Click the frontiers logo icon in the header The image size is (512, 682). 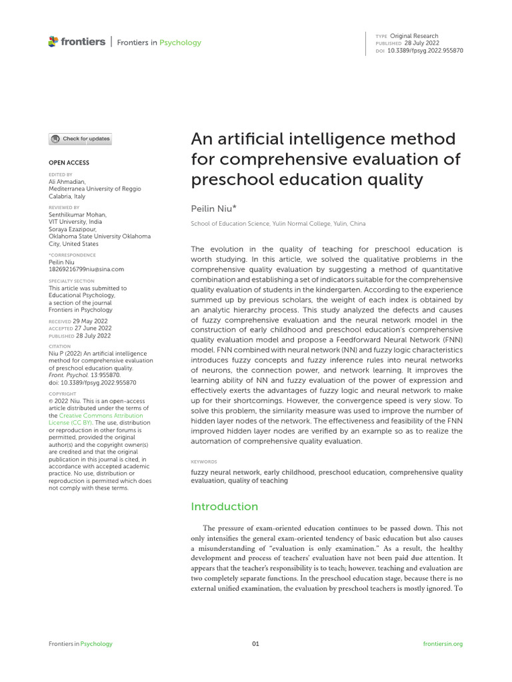(x=53, y=42)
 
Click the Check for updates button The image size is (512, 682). (x=80, y=139)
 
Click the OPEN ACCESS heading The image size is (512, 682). (x=69, y=163)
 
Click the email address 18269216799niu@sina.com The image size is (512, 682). (x=87, y=270)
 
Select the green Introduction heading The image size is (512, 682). (x=224, y=506)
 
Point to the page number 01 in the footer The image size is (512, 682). (x=255, y=644)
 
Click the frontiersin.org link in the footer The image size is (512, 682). (x=443, y=644)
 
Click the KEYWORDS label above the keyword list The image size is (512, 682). (x=204, y=462)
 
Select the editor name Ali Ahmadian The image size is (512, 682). (x=67, y=182)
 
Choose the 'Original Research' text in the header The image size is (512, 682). (x=414, y=36)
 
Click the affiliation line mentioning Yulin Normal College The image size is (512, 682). (x=278, y=224)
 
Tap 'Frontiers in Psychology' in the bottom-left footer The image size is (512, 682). (x=81, y=644)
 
